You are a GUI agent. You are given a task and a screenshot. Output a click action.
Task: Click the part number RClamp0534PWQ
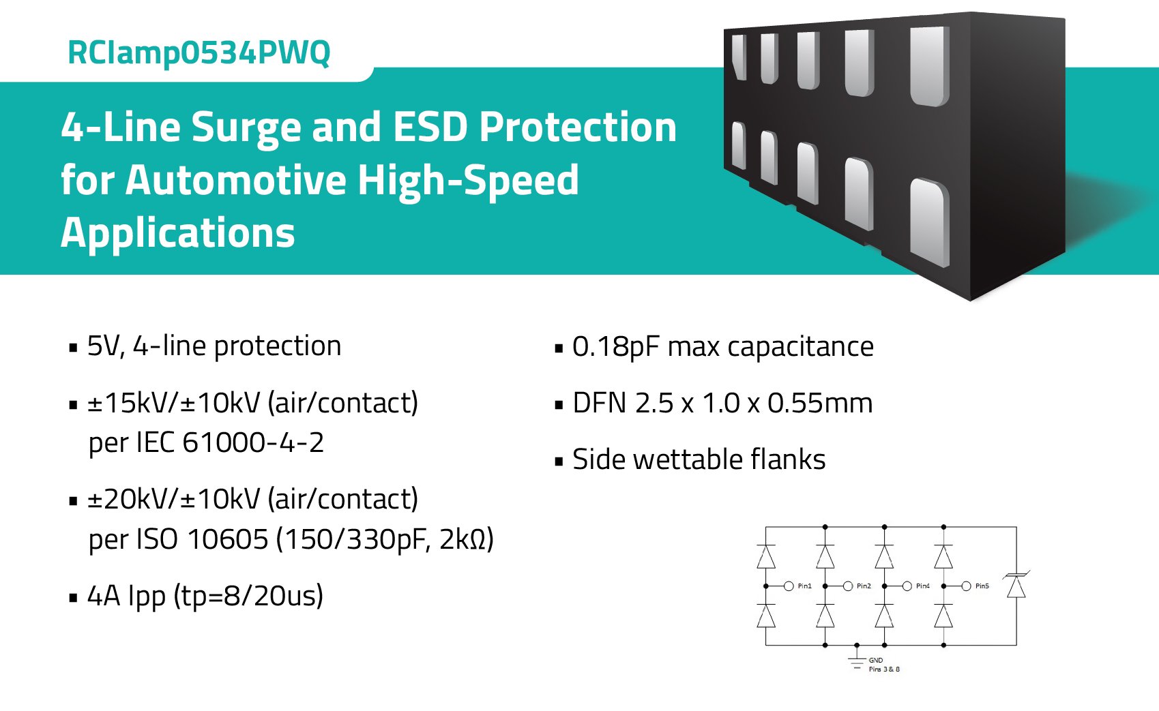(x=199, y=53)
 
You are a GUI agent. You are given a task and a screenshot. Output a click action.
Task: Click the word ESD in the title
(x=430, y=127)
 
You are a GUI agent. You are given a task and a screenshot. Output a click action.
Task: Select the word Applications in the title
(x=177, y=232)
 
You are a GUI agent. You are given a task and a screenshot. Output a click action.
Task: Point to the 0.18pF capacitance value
(x=611, y=347)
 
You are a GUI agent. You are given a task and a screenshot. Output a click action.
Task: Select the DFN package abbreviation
(x=599, y=404)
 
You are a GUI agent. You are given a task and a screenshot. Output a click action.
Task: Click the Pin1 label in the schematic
(x=804, y=586)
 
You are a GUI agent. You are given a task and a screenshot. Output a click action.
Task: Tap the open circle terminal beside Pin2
(x=848, y=586)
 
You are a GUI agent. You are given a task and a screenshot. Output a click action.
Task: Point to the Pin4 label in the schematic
(x=922, y=586)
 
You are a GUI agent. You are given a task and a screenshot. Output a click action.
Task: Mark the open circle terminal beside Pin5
(x=966, y=586)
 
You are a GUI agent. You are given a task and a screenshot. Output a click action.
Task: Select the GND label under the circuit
(x=876, y=660)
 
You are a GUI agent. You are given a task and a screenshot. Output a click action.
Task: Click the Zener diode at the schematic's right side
(x=1016, y=586)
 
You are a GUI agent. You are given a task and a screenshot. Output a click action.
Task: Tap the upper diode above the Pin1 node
(x=766, y=556)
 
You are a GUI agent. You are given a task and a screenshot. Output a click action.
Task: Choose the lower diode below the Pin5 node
(x=943, y=616)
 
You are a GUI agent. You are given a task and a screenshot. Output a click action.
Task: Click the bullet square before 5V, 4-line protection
(x=74, y=348)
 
